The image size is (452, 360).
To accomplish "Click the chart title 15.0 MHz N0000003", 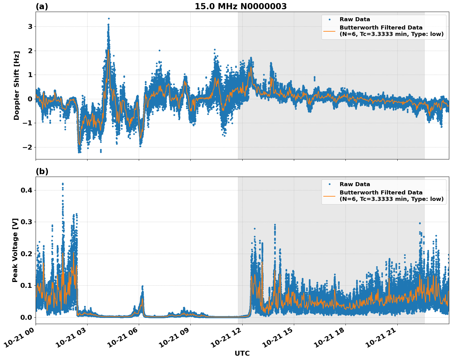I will click(x=240, y=6).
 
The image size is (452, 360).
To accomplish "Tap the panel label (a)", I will click(x=42, y=6).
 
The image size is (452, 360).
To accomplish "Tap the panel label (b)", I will click(x=42, y=171).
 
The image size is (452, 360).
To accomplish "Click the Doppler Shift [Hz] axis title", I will click(x=17, y=85).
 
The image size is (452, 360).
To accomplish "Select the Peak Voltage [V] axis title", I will click(x=15, y=250).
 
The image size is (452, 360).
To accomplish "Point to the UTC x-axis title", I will click(x=242, y=353).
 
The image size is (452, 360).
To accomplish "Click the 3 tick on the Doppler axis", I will click(x=30, y=27).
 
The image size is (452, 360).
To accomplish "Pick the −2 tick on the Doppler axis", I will click(x=28, y=147).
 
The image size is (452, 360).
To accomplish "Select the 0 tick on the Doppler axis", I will click(x=30, y=99).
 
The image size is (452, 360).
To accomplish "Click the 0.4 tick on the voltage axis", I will click(x=26, y=190).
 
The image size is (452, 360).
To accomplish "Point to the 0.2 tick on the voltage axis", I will click(x=26, y=254).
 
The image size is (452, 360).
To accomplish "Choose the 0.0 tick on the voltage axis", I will click(x=26, y=317).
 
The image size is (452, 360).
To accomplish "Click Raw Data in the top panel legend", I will click(x=355, y=20).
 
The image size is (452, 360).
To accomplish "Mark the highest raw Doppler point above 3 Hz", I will click(x=109, y=18).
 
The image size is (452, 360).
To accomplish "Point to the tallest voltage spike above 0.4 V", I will click(x=63, y=184).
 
